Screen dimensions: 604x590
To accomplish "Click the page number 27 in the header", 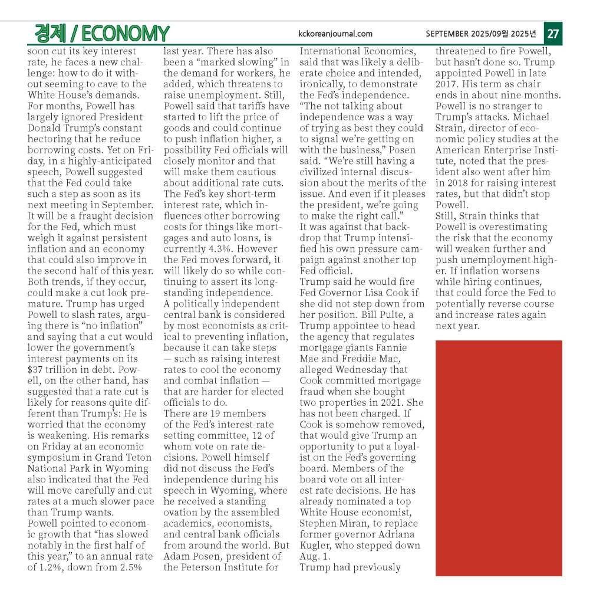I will click(x=552, y=34).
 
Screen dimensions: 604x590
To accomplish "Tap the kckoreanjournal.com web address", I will click(x=335, y=34).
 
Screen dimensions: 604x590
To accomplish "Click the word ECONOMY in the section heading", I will click(x=123, y=34).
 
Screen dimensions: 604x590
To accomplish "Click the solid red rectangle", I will click(x=498, y=458).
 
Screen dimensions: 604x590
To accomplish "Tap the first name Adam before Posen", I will click(x=177, y=557).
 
